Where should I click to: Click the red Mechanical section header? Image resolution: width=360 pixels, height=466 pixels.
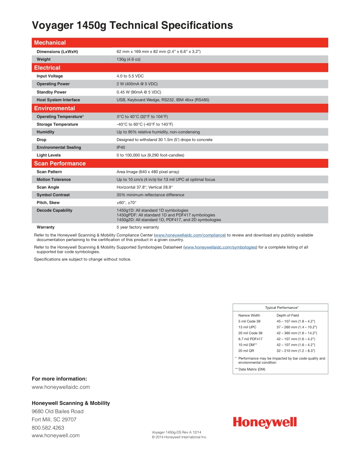[50, 43]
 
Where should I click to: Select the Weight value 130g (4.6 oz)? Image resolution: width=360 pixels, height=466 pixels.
[128, 59]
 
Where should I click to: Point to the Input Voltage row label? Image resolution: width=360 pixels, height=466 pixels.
[50, 76]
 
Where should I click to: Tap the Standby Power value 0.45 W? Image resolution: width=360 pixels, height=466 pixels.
[138, 92]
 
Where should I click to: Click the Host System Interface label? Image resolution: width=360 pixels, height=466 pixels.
[58, 100]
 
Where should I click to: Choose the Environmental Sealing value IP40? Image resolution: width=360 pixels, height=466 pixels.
[121, 147]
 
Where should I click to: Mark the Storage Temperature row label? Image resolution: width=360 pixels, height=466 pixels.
[57, 124]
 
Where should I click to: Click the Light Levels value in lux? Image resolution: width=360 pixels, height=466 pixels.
[150, 155]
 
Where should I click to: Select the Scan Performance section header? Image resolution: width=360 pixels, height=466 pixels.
[60, 164]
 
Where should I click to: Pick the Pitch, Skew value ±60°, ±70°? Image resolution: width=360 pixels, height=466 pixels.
[126, 202]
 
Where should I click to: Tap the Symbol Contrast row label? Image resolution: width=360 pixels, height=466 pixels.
[53, 195]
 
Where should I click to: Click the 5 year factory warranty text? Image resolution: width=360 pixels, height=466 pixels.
[138, 227]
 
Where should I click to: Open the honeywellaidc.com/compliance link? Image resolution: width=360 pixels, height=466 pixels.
[190, 235]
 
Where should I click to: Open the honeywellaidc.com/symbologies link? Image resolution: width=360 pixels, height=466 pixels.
[220, 247]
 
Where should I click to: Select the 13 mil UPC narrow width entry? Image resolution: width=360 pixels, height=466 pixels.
[247, 327]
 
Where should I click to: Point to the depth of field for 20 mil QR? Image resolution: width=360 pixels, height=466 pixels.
[296, 351]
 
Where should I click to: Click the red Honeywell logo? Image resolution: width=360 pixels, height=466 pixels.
[265, 422]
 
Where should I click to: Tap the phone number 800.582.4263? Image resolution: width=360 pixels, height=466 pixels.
[48, 427]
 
